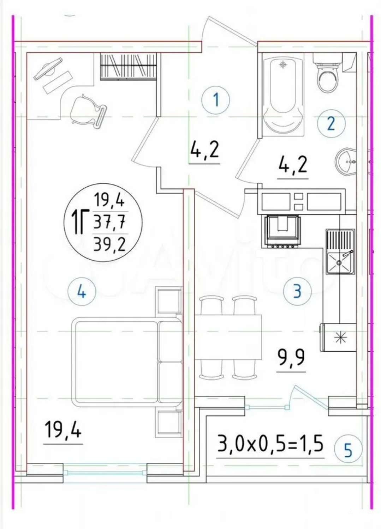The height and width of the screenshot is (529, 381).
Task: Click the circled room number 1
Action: point(216,100)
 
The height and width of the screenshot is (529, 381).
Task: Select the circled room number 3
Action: point(297,291)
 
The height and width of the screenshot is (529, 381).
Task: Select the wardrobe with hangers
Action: point(129,67)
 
